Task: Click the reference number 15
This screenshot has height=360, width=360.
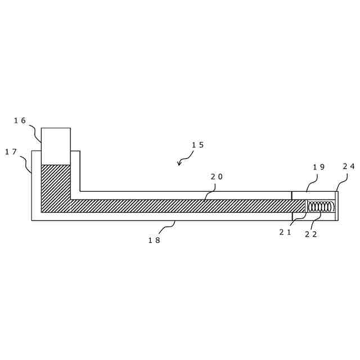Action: (197, 145)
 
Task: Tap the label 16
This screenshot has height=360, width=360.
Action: (20, 120)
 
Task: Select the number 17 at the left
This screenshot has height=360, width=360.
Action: (11, 152)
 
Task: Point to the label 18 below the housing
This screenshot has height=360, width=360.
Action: (154, 240)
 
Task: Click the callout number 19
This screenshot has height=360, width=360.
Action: (319, 166)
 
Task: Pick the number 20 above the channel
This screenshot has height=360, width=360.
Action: (217, 177)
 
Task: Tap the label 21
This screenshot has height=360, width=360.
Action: (285, 232)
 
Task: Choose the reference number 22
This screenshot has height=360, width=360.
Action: (311, 234)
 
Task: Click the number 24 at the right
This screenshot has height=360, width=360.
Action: (349, 166)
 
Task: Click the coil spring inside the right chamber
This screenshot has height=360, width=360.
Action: (320, 206)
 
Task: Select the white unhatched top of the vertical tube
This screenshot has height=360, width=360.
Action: (56, 146)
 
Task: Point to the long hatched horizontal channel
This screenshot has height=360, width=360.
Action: (186, 206)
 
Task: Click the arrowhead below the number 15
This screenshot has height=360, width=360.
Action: (179, 164)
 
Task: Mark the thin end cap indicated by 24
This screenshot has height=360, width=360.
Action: (336, 206)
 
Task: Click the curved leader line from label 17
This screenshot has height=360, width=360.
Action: (26, 164)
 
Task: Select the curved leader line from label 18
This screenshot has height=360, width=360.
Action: (168, 226)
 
